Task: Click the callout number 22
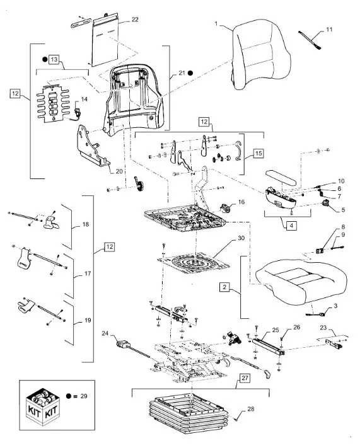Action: pyautogui.click(x=135, y=20)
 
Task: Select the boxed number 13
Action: pyautogui.click(x=54, y=59)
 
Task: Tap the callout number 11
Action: pyautogui.click(x=329, y=30)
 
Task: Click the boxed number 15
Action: pyautogui.click(x=258, y=153)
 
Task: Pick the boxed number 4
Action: pyautogui.click(x=291, y=226)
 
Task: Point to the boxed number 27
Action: pyautogui.click(x=245, y=378)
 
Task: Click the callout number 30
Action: pyautogui.click(x=241, y=238)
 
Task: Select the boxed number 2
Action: pyautogui.click(x=224, y=287)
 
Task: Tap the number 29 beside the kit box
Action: pyautogui.click(x=84, y=396)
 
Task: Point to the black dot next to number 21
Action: pyautogui.click(x=190, y=73)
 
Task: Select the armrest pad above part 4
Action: pyautogui.click(x=280, y=177)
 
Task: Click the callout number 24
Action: pyautogui.click(x=105, y=333)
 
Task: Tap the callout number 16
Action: pyautogui.click(x=241, y=202)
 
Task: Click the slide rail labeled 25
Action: pyautogui.click(x=268, y=347)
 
